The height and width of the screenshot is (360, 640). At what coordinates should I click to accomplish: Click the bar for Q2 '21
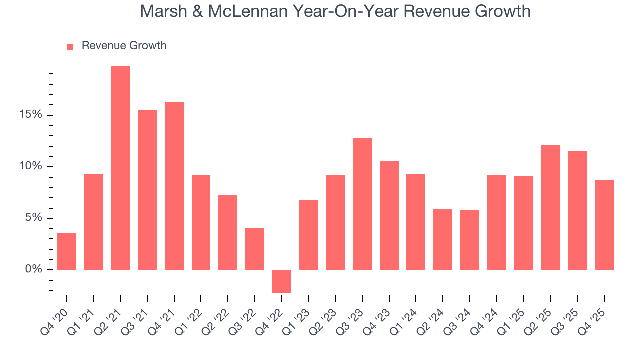(120, 168)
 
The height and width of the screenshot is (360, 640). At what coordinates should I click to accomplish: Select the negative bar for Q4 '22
(282, 281)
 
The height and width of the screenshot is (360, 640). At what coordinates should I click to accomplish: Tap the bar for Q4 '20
(67, 251)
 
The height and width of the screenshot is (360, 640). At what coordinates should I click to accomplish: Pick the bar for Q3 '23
(362, 204)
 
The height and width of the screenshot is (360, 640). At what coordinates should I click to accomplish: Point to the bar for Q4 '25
(604, 225)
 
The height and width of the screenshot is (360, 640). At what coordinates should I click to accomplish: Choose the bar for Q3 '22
(255, 249)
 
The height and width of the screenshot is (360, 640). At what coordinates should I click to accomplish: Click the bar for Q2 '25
(550, 207)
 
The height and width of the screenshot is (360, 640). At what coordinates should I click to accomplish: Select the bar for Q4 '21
(174, 186)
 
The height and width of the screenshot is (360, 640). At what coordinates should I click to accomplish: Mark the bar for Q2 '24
(443, 239)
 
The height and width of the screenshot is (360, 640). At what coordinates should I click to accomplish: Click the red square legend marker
(70, 46)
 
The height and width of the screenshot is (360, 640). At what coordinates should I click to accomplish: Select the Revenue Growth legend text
(124, 46)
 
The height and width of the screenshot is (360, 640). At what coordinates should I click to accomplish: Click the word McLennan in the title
(248, 11)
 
